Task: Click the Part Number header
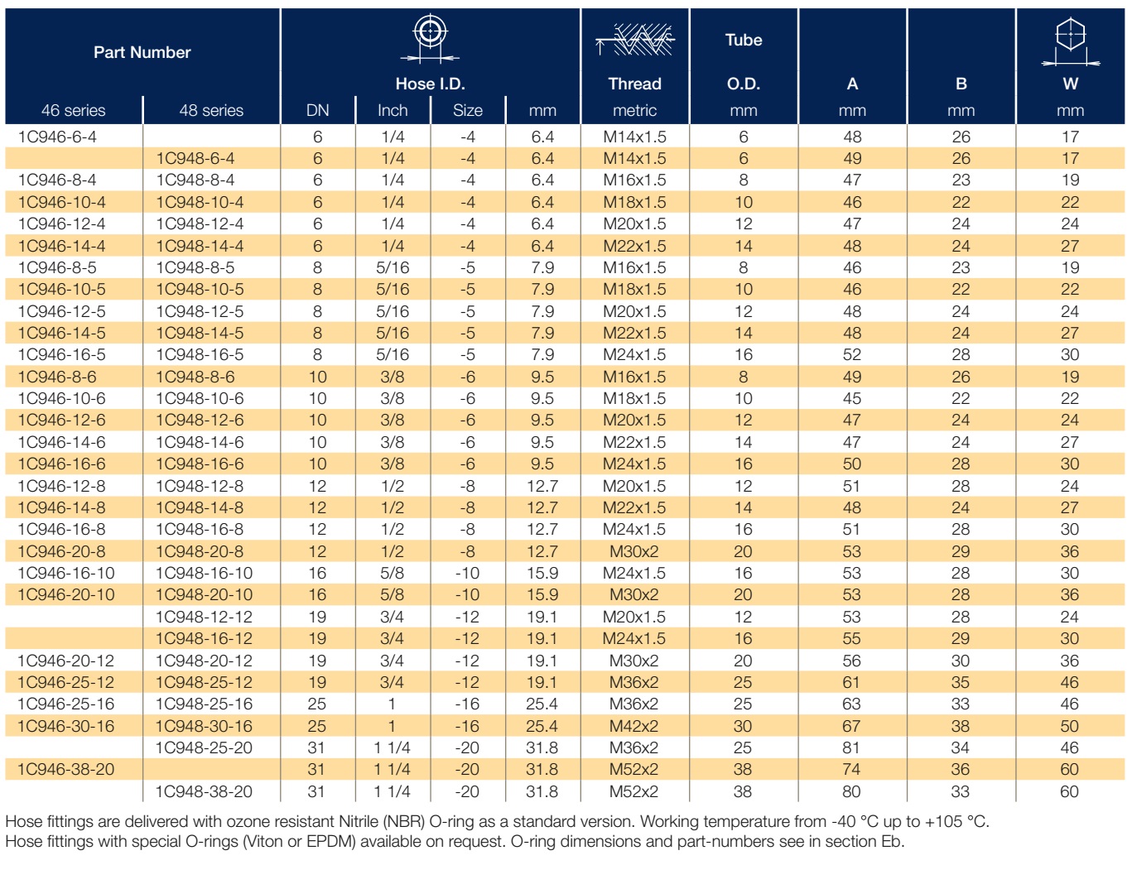pos(142,52)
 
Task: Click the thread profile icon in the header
pos(635,40)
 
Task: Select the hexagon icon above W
pos(1071,41)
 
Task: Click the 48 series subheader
pos(211,110)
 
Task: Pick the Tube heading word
pos(744,40)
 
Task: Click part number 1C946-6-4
pos(57,137)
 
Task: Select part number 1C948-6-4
pos(195,158)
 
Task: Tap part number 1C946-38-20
pos(65,769)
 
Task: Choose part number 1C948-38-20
pos(204,791)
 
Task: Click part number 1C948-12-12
pos(204,617)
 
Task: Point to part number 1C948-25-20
pos(204,747)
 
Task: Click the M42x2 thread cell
pos(634,726)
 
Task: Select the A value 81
pos(851,747)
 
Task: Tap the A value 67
pos(851,726)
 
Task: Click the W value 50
pos(1070,726)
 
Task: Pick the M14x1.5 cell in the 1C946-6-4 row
pos(634,137)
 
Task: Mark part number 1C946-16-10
pos(65,573)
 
